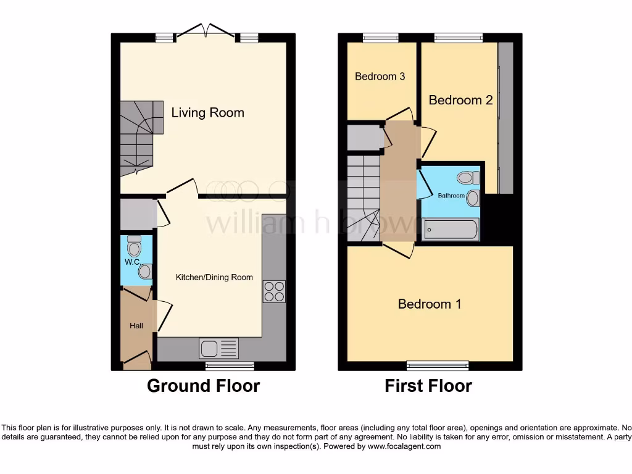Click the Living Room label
point(207,112)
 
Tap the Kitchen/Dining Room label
point(214,277)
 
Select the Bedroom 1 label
point(429,304)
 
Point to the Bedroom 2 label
point(460,100)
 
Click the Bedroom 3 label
point(380,77)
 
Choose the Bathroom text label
point(451,196)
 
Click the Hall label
point(136,325)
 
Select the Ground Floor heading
point(203,386)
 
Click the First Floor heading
point(428,386)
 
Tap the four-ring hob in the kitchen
point(274,291)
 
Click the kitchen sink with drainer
point(218,349)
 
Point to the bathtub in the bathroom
point(450,230)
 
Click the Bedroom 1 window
point(437,365)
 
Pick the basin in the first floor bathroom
point(473,197)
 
